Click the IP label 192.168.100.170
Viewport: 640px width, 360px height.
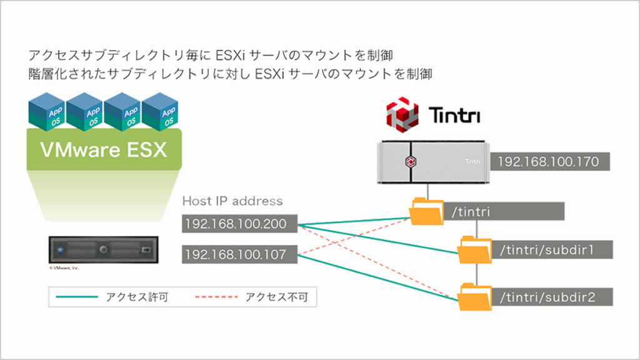549,162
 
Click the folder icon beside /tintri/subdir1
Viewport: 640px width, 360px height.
474,251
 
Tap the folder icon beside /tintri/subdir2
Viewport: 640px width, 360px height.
474,297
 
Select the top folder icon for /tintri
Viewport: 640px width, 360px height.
426,212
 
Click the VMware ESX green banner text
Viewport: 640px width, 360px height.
104,150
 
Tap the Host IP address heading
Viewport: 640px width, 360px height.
232,201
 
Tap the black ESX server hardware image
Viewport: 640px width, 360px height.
102,249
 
